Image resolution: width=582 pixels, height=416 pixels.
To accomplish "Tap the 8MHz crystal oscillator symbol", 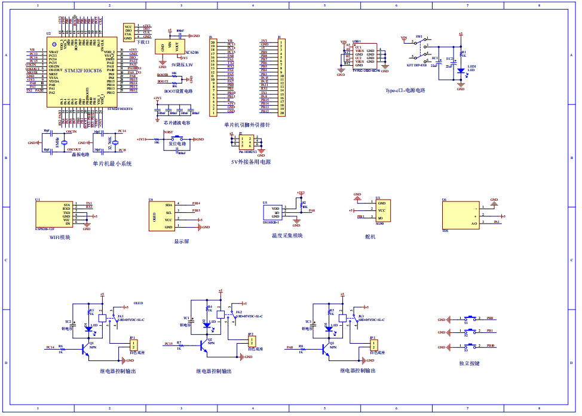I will click(x=63, y=143).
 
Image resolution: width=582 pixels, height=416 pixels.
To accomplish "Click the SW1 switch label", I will click(x=419, y=37).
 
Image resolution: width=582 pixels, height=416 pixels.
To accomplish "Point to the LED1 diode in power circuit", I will click(x=460, y=71).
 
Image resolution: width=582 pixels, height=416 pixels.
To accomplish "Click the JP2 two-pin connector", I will click(x=252, y=341).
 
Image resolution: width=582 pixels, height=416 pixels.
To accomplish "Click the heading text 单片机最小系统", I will click(x=112, y=163).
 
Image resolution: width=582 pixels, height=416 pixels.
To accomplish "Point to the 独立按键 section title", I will click(x=469, y=363).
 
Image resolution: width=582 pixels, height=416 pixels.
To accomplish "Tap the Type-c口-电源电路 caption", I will click(x=405, y=90).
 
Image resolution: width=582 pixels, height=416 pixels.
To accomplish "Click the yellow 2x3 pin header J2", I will click(x=247, y=142).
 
